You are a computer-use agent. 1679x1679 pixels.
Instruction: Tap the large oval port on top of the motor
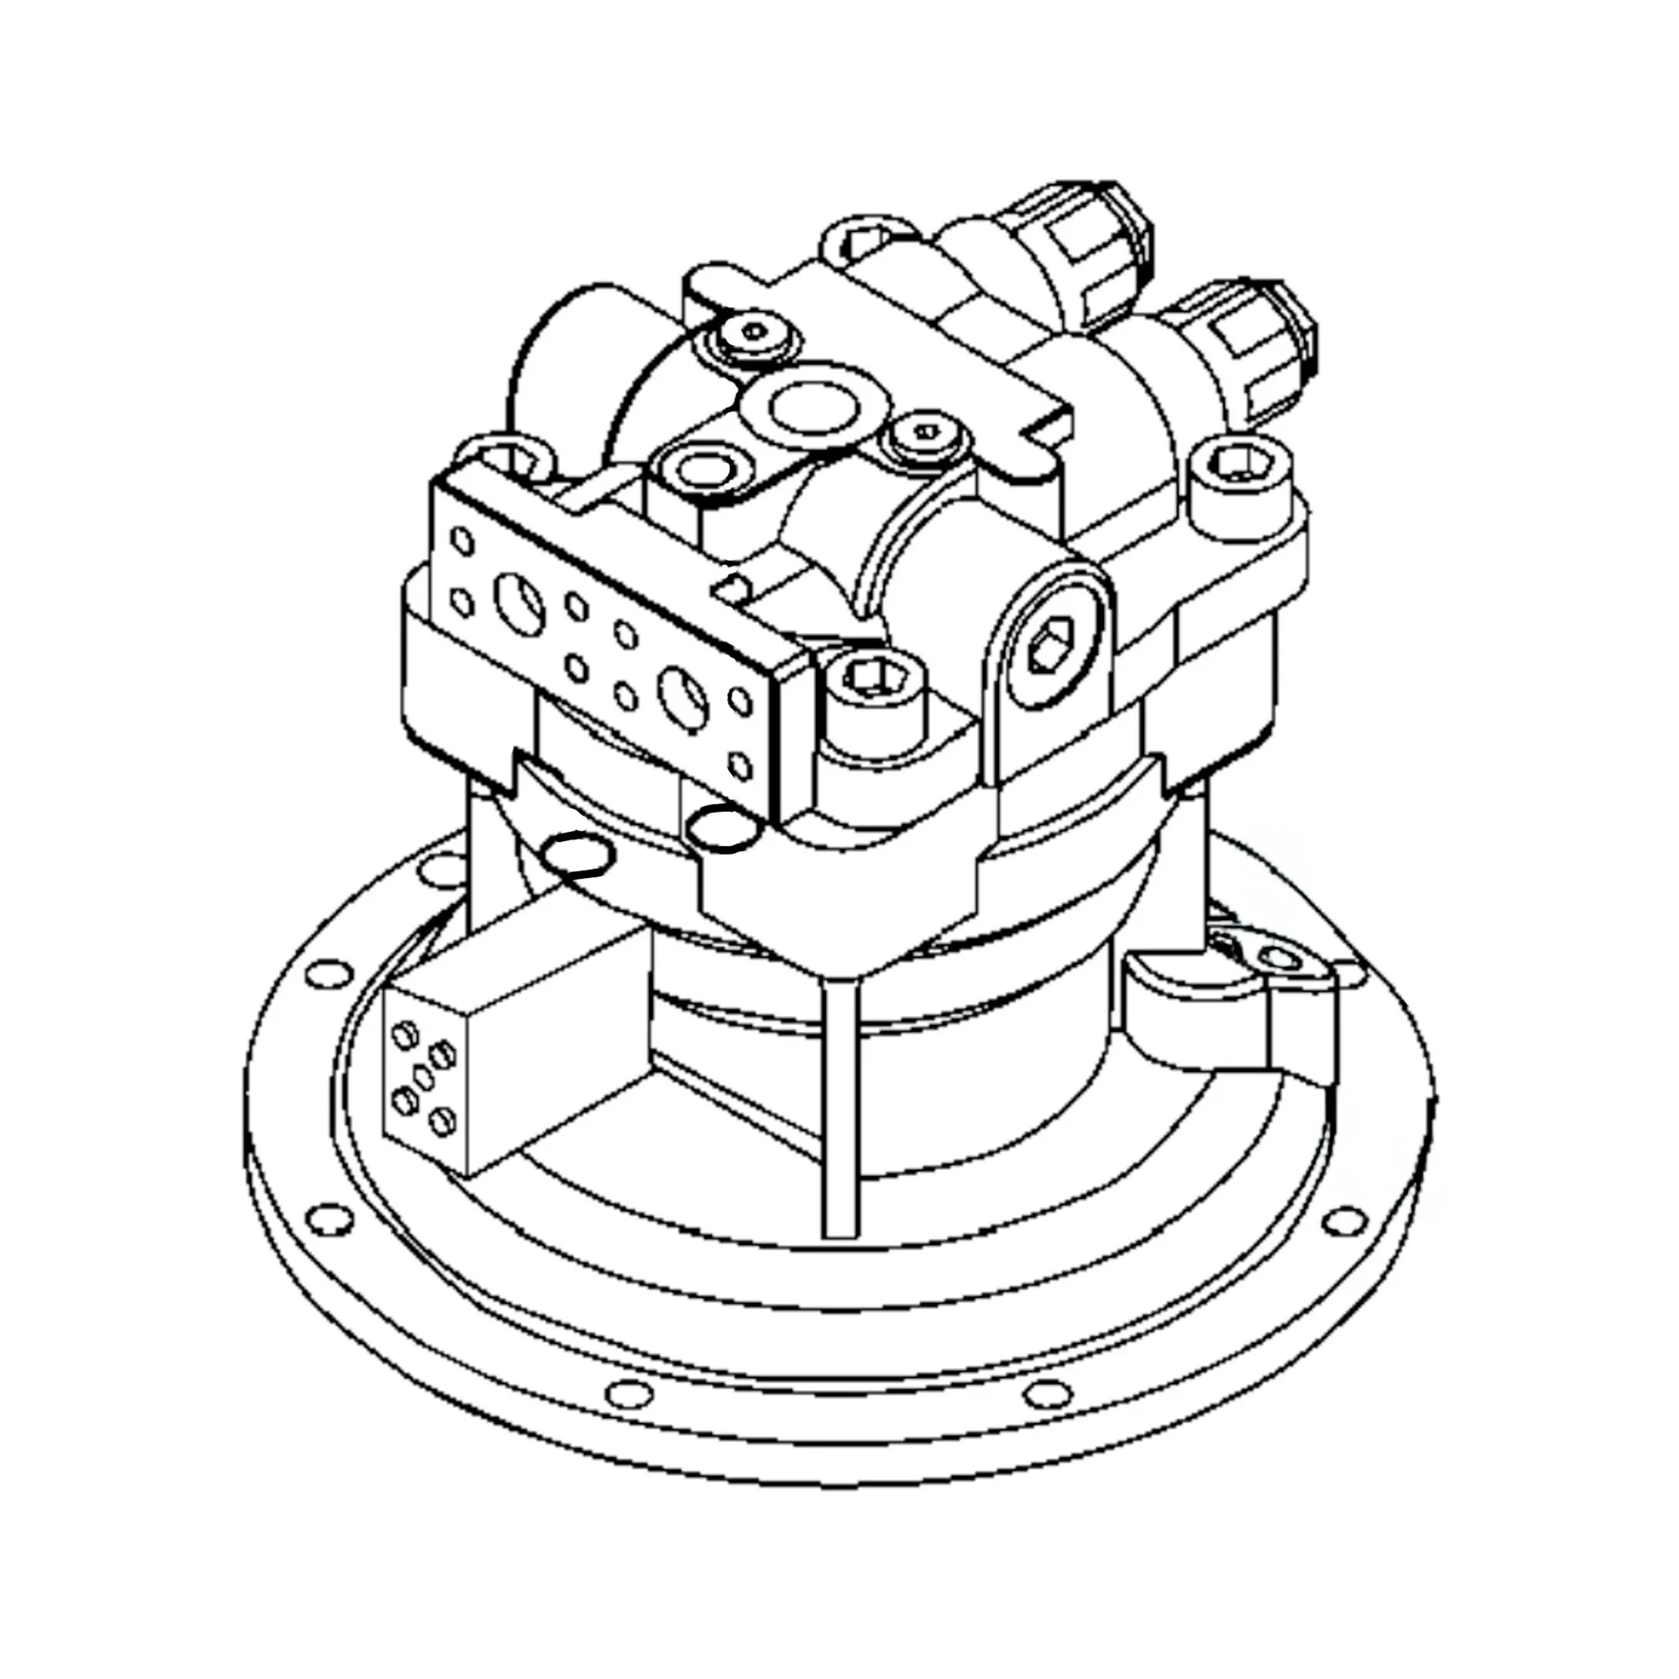coord(813,405)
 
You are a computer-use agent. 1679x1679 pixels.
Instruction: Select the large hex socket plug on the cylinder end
coord(1051,645)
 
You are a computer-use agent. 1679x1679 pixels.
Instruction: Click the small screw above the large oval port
coord(755,331)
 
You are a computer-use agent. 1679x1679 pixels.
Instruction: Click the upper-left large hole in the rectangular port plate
coord(520,600)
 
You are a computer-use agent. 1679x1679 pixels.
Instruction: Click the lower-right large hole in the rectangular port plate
coord(683,696)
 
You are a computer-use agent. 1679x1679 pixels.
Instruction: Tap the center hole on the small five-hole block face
coord(423,1079)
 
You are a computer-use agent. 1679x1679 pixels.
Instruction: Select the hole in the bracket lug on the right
coord(1281,959)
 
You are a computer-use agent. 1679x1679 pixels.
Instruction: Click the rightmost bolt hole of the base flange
coord(1344,1220)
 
